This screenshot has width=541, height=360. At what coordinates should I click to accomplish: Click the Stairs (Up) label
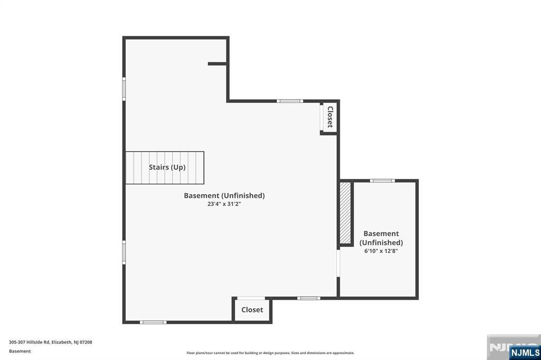(167, 167)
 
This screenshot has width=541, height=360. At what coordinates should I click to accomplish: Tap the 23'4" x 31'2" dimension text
(224, 204)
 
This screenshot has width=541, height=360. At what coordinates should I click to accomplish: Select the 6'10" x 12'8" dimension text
(381, 251)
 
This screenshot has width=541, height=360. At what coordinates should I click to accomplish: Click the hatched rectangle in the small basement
(346, 213)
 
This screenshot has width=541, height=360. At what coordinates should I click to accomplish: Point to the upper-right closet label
(330, 117)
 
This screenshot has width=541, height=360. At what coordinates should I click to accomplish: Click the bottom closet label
(252, 310)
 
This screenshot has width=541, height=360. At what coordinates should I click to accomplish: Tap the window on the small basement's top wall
(382, 181)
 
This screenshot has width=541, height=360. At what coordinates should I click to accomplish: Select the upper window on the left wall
(124, 89)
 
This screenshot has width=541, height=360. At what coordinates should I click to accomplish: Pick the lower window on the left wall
(124, 252)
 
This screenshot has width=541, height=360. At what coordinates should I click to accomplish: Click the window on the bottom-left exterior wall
(153, 322)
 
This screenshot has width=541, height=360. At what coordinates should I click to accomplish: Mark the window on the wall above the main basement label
(290, 101)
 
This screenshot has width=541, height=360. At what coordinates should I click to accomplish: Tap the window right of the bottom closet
(309, 298)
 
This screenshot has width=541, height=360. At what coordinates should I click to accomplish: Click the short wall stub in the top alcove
(217, 64)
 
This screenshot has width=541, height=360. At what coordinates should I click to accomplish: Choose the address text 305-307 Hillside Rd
(51, 342)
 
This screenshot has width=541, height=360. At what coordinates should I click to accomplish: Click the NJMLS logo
(525, 352)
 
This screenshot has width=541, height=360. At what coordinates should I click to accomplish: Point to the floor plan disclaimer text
(270, 353)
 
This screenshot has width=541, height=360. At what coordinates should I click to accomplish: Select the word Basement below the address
(20, 351)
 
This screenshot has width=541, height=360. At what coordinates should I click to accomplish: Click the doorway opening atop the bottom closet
(251, 299)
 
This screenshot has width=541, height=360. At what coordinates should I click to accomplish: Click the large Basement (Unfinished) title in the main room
(224, 195)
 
